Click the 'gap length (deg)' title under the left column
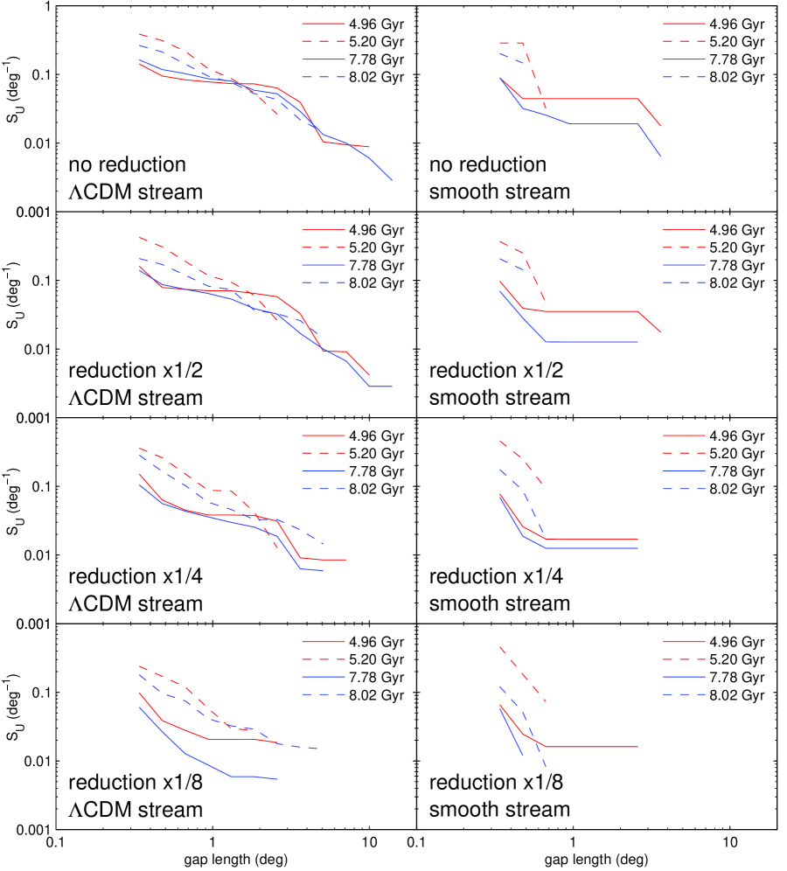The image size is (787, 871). click(235, 861)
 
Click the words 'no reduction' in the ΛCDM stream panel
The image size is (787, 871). click(128, 164)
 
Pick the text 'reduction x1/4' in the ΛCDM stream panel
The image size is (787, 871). click(135, 577)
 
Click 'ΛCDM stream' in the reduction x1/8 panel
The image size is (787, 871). click(136, 809)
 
